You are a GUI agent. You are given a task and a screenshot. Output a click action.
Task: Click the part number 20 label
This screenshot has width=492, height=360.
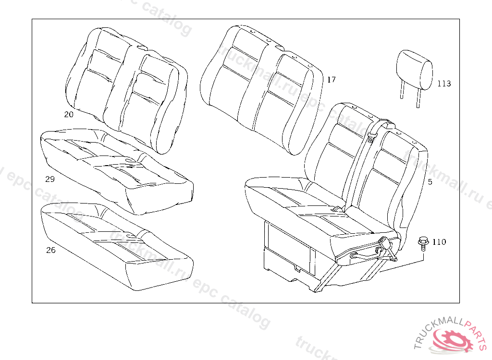69,114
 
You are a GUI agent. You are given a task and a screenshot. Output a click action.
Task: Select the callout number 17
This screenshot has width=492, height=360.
331,80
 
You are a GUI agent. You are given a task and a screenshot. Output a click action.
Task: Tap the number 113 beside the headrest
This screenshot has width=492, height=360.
444,84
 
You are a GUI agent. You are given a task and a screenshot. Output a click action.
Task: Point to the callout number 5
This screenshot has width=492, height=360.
430,182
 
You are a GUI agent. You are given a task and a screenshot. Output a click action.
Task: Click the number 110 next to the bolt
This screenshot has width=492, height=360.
439,242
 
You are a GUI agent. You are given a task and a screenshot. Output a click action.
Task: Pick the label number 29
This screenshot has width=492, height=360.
50,180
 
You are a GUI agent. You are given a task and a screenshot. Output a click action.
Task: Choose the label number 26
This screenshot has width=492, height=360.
50,250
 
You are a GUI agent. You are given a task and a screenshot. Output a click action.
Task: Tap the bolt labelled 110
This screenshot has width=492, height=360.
423,242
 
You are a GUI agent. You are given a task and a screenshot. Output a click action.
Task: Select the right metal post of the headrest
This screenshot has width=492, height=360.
418,98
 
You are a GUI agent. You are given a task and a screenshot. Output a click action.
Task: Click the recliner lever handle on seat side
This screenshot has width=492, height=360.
370,252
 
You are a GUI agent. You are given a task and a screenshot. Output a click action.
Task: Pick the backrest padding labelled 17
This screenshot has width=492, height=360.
262,86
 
